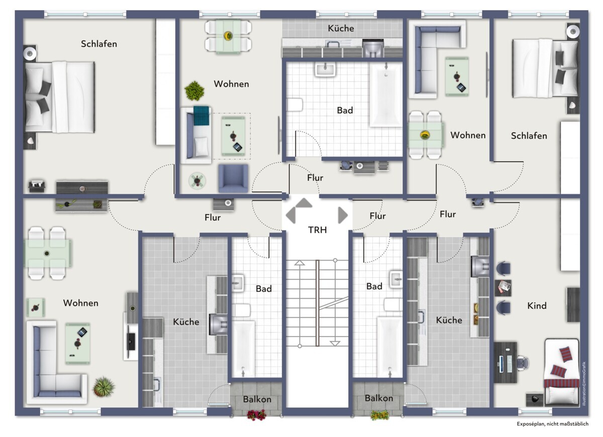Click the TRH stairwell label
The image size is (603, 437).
[318, 230]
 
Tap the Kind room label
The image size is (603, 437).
[537, 306]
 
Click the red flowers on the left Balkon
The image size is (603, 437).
[257, 415]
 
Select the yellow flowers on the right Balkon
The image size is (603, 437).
[379, 415]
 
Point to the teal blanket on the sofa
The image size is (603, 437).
[202, 116]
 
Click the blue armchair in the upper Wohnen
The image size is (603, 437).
[233, 178]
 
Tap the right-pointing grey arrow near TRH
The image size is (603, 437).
[343, 215]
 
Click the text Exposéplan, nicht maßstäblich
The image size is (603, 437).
[553, 424]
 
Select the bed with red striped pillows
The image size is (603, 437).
[562, 372]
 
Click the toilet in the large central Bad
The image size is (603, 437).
[294, 104]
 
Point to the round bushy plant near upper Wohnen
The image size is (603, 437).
[194, 91]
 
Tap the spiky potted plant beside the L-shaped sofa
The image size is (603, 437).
[104, 387]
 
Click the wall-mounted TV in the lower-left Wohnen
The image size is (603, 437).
[131, 342]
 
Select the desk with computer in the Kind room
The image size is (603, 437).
[506, 362]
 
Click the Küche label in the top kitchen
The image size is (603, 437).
[341, 28]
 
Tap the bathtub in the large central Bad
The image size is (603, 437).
[385, 94]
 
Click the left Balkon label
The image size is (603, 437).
[257, 399]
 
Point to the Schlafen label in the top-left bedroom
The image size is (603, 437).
[99, 44]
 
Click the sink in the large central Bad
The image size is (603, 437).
[325, 70]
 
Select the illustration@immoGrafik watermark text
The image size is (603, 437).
[583, 384]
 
